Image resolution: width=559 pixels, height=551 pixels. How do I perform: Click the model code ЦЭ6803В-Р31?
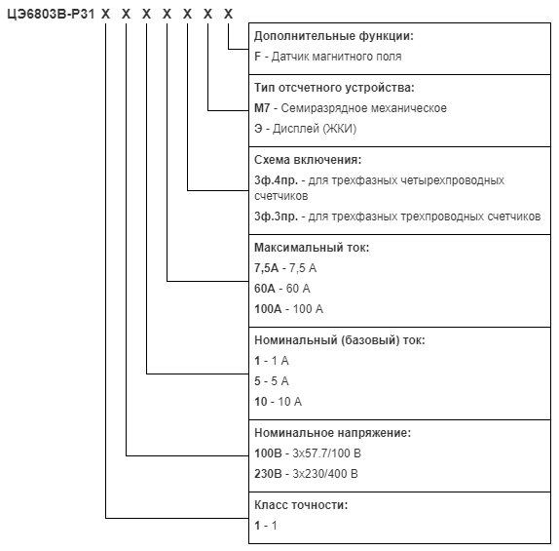click(x=51, y=15)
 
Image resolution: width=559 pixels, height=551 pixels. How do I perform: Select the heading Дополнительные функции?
click(x=334, y=36)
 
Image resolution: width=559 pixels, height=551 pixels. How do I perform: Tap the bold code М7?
click(x=262, y=108)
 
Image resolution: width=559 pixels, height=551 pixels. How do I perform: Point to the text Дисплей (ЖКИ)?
click(x=315, y=129)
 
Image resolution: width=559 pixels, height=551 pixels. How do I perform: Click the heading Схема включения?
click(x=308, y=160)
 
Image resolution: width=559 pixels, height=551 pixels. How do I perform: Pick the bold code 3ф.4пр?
click(x=276, y=180)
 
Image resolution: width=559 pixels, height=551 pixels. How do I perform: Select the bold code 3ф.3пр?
click(x=276, y=216)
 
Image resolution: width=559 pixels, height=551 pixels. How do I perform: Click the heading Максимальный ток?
click(x=312, y=247)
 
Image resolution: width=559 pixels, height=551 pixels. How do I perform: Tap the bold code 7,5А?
click(x=266, y=268)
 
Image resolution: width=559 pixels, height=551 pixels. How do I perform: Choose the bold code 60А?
click(x=265, y=288)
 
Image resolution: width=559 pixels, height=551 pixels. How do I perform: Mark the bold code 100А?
click(x=268, y=309)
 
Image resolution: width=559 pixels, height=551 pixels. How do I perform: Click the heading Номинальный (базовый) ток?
click(x=340, y=340)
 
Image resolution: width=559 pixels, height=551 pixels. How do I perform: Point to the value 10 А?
click(x=290, y=402)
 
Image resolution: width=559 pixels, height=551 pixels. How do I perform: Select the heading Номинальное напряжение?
click(x=333, y=433)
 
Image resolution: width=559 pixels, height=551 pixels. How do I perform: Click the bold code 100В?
click(x=268, y=453)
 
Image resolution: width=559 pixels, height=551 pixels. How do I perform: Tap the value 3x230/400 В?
click(x=325, y=474)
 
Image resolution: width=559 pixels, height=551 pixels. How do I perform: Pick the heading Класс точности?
click(x=301, y=505)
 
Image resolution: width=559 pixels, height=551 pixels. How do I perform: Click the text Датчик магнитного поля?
click(x=337, y=57)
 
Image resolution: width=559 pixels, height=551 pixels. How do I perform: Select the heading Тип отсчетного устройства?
click(x=334, y=88)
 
